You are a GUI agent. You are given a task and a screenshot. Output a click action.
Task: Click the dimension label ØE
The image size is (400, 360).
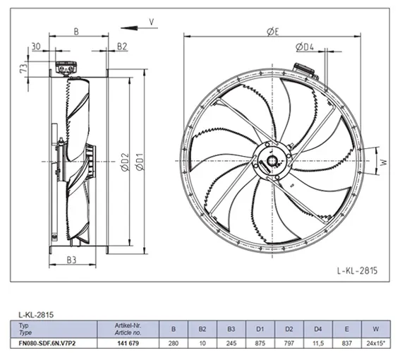[x=273, y=32]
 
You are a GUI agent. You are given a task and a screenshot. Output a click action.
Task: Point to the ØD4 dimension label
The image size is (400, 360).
[x=305, y=47]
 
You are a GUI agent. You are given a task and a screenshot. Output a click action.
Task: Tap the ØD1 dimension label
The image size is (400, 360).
[x=140, y=162]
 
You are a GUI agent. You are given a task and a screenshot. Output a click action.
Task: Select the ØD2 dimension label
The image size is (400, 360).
[x=126, y=162]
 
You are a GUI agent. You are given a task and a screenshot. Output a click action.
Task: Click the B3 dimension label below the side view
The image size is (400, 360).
[x=72, y=260]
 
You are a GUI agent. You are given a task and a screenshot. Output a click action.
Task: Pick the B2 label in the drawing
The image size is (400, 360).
[x=122, y=47]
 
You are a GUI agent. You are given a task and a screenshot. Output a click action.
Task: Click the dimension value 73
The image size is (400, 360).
[x=23, y=68]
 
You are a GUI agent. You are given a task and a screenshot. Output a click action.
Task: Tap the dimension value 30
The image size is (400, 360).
[x=36, y=47]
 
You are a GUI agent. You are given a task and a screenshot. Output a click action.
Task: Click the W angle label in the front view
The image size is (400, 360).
[x=384, y=162]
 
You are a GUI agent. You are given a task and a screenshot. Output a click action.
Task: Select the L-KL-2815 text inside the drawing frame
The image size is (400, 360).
[x=357, y=270]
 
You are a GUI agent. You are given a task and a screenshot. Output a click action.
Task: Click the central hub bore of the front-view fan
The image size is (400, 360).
[x=272, y=161]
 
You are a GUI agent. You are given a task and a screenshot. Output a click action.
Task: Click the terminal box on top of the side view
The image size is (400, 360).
[x=66, y=68]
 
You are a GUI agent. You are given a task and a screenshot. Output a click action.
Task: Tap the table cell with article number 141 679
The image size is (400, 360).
[x=128, y=343]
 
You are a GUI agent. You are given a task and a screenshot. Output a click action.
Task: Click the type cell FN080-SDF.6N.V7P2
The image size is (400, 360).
[x=47, y=343]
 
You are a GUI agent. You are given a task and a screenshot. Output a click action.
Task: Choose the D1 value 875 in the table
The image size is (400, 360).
[x=260, y=343]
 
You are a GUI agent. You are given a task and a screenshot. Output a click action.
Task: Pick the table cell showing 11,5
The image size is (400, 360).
[x=318, y=343]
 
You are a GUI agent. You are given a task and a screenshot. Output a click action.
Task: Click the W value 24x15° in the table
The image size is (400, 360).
[x=375, y=343]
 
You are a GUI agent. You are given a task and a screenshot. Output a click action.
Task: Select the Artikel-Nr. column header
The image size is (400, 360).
[x=128, y=329]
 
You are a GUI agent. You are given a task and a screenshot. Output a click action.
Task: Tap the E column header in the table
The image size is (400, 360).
[x=346, y=329]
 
